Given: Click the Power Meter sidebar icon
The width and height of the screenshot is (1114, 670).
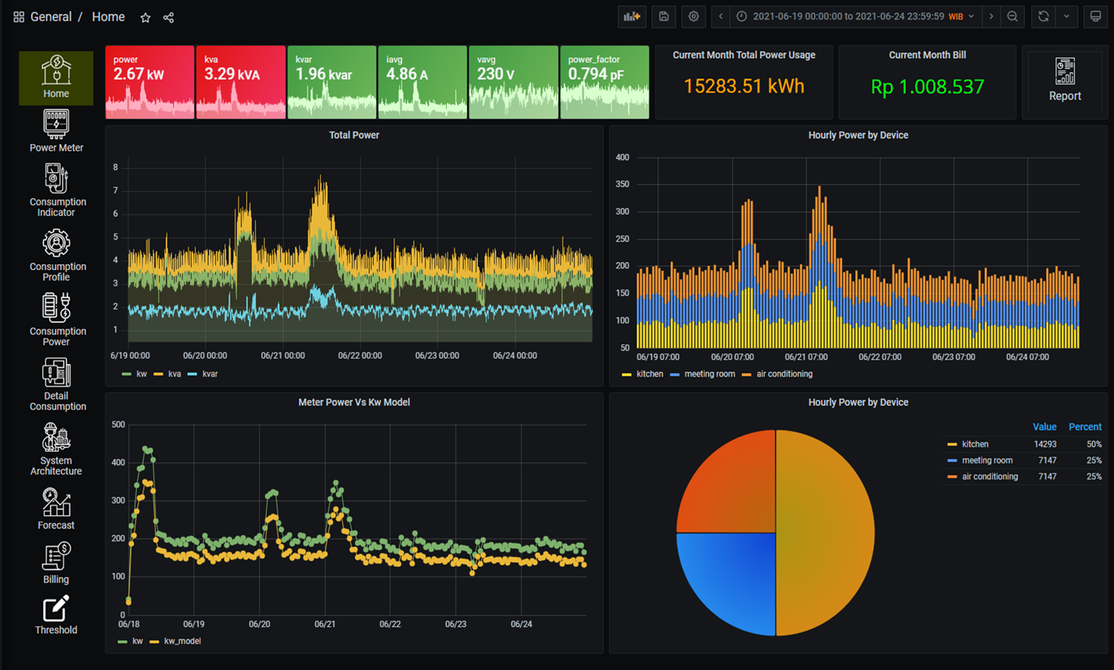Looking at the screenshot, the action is [x=56, y=124].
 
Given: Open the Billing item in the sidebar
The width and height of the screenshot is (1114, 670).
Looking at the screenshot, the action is [x=56, y=557].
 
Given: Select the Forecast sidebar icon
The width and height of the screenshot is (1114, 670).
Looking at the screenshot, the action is [x=56, y=502].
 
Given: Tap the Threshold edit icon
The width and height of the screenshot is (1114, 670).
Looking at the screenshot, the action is [x=56, y=608].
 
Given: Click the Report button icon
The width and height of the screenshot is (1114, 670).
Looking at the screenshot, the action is [x=1064, y=71].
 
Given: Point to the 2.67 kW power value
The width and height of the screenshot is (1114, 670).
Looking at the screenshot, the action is [x=139, y=74].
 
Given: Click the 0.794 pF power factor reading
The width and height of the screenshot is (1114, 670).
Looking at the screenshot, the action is [x=596, y=74].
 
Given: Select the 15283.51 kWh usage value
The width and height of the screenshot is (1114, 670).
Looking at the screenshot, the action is [x=744, y=86].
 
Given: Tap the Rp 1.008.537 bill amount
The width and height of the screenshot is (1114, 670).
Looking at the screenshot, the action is [x=927, y=87].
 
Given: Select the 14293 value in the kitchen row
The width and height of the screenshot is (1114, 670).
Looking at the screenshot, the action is [x=1045, y=444].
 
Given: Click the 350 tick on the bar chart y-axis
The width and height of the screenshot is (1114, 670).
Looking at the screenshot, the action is [x=622, y=184].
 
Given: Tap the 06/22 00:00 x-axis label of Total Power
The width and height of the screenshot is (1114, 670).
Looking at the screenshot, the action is [x=360, y=356].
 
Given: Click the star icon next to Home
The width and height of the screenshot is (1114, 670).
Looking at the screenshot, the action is [x=145, y=17].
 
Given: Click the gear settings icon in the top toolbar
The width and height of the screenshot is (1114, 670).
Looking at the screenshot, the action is [x=693, y=17].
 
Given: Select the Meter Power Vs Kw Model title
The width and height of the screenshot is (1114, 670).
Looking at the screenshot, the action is [x=354, y=402].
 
